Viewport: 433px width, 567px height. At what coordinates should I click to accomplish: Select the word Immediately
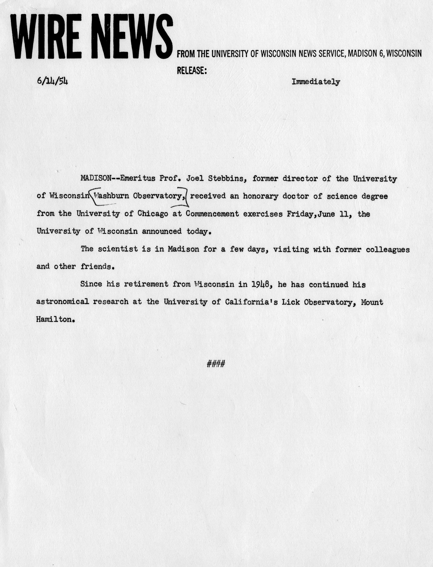point(316,82)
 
